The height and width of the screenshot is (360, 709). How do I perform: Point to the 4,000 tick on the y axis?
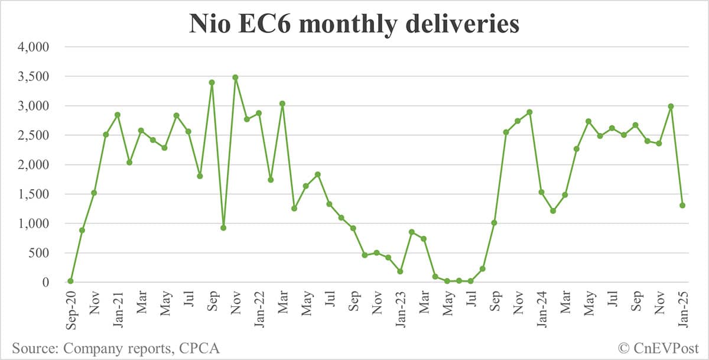tap(35, 47)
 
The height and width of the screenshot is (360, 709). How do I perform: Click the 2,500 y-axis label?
tap(35, 135)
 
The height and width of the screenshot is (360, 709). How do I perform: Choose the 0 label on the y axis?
tap(45, 283)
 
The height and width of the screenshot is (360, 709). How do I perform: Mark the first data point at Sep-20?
tap(70, 281)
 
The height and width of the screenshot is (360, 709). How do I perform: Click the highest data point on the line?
tap(235, 77)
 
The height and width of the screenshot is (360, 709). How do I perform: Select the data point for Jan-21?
tap(118, 115)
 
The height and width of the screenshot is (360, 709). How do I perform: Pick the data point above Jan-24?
tap(541, 192)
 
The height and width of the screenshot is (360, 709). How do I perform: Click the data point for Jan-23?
tap(400, 271)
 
